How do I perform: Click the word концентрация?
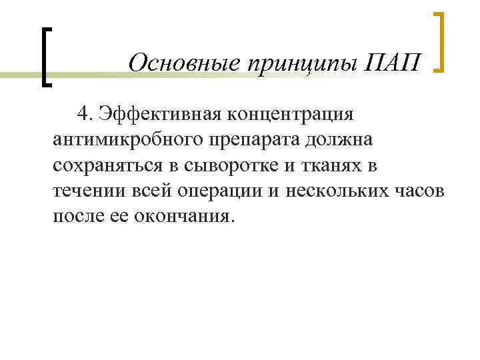295,113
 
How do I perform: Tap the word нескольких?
337,192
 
